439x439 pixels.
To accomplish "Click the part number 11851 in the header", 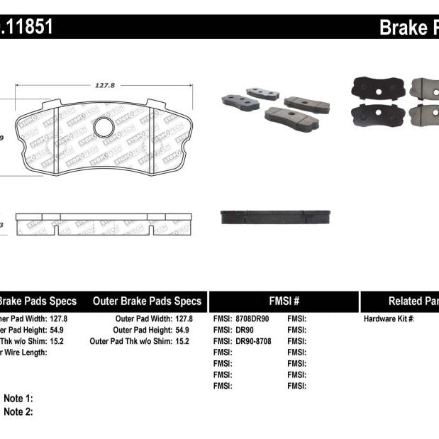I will coord(27,27).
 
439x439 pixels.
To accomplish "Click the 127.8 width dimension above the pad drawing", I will coord(104,85).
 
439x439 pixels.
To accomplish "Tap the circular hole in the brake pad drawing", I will coord(104,128).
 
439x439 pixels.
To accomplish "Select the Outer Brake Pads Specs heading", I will coord(147,301).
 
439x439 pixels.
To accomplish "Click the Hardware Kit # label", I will coord(389,319).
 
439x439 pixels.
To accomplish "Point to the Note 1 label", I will coord(18,399).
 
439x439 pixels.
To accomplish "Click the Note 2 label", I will coord(18,411).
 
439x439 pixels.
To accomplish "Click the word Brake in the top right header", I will coord(401,27).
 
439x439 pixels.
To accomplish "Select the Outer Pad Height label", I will coord(142,330).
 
